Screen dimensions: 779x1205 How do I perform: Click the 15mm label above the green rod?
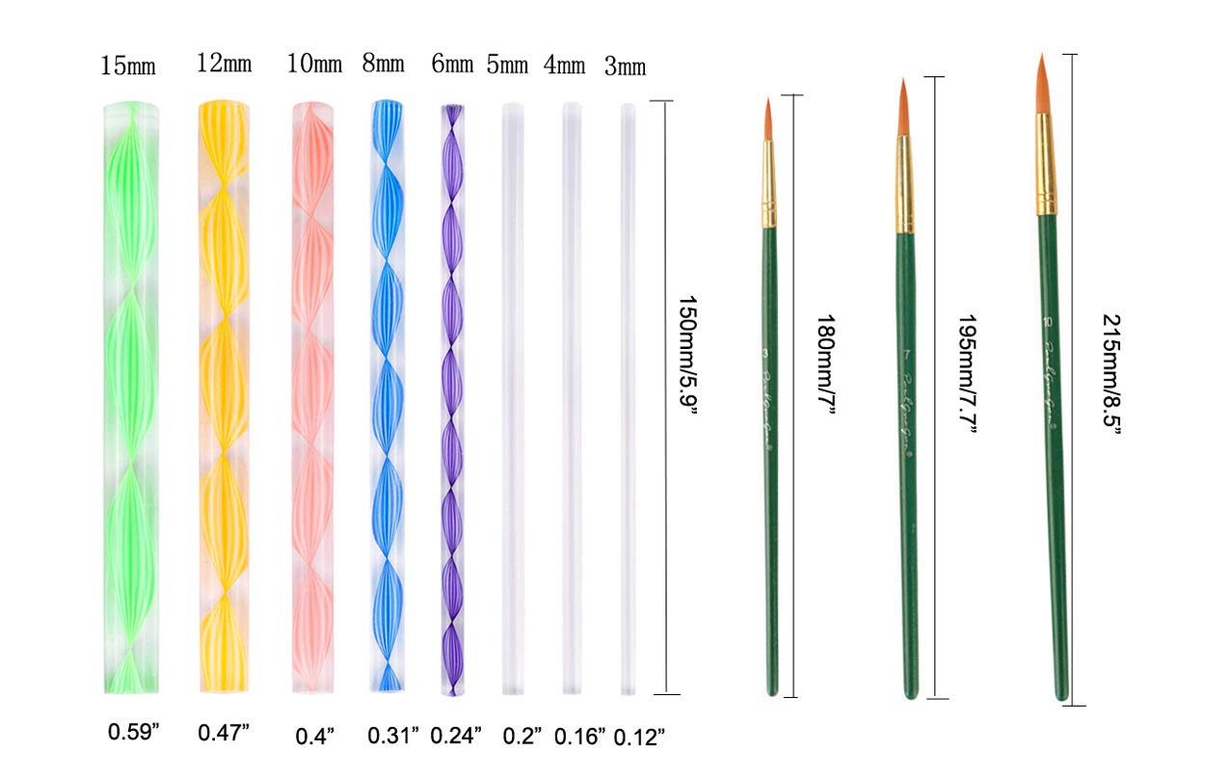[130, 66]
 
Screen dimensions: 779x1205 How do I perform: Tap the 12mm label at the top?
[224, 65]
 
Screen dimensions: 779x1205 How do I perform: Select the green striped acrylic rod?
[130, 395]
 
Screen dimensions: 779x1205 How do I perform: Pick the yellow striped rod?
[224, 395]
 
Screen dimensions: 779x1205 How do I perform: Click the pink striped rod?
[313, 395]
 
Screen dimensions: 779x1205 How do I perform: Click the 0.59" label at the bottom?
[133, 732]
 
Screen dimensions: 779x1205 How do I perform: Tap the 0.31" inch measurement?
[393, 735]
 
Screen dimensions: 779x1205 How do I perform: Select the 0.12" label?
[639, 737]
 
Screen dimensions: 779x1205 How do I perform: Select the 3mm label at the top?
[625, 67]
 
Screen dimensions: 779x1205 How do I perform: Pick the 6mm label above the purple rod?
[452, 66]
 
